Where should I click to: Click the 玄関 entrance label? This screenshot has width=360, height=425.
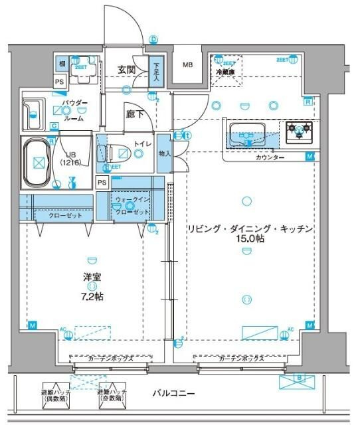pos(127,68)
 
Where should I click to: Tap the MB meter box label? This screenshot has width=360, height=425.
pos(189,64)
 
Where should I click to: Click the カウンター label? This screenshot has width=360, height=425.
pos(270,157)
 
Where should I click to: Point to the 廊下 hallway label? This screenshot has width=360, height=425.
pos(135,114)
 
